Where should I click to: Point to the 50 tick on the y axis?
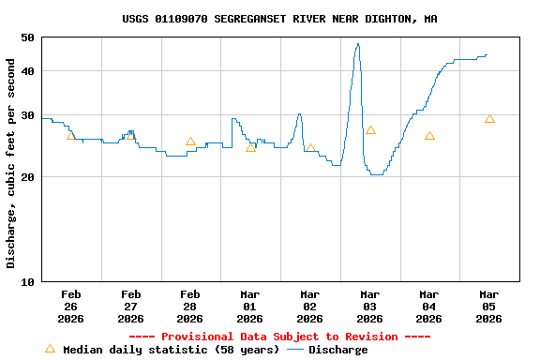pos(26,37)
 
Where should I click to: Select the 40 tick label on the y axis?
pos(26,71)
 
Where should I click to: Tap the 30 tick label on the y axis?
pos(26,115)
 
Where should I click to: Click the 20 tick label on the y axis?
pos(26,177)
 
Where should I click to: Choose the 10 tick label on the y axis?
pos(26,281)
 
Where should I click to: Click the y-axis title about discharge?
pos(11,163)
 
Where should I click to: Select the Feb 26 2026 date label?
pos(70,307)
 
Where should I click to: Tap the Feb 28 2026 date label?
pos(190,307)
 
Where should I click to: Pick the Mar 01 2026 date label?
pos(250,307)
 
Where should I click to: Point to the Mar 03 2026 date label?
pos(369,307)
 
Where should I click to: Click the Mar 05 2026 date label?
pos(488,307)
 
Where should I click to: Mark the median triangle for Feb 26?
pos(71,136)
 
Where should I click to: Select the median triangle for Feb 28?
pos(190,142)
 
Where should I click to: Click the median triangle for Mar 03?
pos(370,130)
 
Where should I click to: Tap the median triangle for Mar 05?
pos(489,119)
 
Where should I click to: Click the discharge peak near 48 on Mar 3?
pos(357,44)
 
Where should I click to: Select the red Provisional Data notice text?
pos(279,337)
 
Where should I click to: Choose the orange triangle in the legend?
pos(50,349)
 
